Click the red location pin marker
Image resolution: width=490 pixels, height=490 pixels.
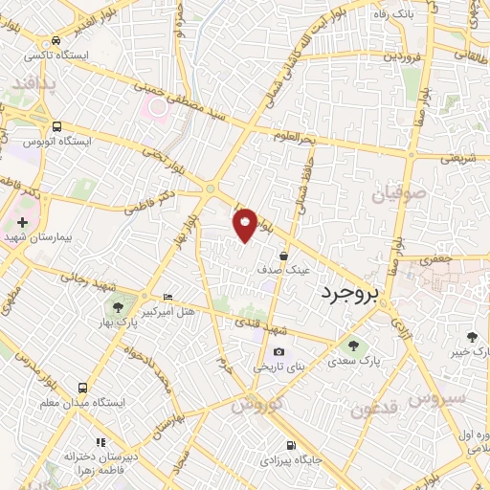246,224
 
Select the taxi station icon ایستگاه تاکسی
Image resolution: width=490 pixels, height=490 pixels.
57,40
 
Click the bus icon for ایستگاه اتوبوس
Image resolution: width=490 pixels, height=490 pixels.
57,126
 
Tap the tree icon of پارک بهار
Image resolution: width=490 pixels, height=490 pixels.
118,307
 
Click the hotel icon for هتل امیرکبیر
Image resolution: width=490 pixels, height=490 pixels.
168,298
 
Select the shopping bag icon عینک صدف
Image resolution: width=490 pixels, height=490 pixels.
284,256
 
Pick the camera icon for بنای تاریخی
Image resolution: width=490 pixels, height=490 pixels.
278,352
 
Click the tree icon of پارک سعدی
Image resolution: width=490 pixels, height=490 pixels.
354,345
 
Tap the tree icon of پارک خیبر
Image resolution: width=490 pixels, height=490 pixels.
471,336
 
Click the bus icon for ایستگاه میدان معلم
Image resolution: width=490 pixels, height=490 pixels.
83,389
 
